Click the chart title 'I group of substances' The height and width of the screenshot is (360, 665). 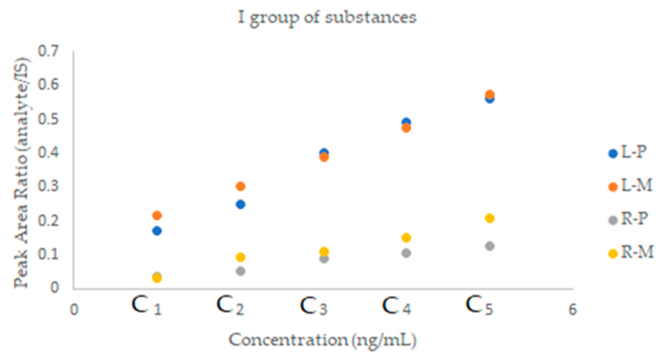coord(327,18)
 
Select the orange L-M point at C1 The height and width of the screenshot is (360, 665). coord(157,216)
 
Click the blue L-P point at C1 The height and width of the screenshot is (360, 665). coord(157,231)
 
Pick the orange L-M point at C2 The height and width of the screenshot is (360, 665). coord(241,186)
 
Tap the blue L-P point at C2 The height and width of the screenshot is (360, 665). coord(241,204)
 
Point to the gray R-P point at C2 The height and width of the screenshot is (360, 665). coord(241,271)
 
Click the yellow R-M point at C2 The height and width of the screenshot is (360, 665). coord(241,257)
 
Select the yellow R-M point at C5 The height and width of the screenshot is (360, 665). coord(490,218)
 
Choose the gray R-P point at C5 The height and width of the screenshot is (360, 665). coord(490,246)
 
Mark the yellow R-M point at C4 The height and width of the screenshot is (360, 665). coord(406,238)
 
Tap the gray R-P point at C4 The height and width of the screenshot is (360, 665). coord(406,253)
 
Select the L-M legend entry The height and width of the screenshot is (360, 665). coord(631,186)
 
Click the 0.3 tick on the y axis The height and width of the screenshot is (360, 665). coord(48,186)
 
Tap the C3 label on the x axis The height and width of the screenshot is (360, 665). coord(314,306)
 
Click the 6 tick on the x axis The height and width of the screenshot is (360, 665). coord(573,309)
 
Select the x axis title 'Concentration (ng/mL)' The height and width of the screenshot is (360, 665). coord(323,341)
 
